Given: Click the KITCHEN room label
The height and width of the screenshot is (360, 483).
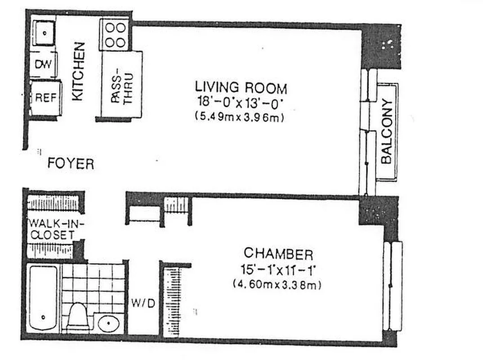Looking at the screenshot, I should click(78, 71).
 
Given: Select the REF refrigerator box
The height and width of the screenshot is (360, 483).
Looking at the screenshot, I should click(45, 98).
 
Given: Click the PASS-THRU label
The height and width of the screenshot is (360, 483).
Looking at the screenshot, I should click(121, 85).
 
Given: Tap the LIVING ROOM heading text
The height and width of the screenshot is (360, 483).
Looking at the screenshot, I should click(241, 87).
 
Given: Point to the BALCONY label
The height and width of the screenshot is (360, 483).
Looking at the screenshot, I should click(387, 131).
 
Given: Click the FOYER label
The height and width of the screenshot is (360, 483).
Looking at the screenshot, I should click(71, 164).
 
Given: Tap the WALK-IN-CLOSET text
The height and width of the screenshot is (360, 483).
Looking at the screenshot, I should click(50, 229).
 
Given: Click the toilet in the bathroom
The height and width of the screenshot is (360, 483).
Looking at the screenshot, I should click(77, 316).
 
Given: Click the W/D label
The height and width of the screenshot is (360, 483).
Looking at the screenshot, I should click(143, 303).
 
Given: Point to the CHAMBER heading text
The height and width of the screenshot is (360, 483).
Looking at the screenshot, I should click(278, 254).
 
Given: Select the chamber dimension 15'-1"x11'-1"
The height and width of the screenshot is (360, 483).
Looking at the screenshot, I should click(278, 270).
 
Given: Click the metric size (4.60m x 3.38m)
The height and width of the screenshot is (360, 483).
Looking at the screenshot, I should click(278, 284).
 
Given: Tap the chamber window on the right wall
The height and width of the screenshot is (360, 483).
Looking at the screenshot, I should click(394, 286).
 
